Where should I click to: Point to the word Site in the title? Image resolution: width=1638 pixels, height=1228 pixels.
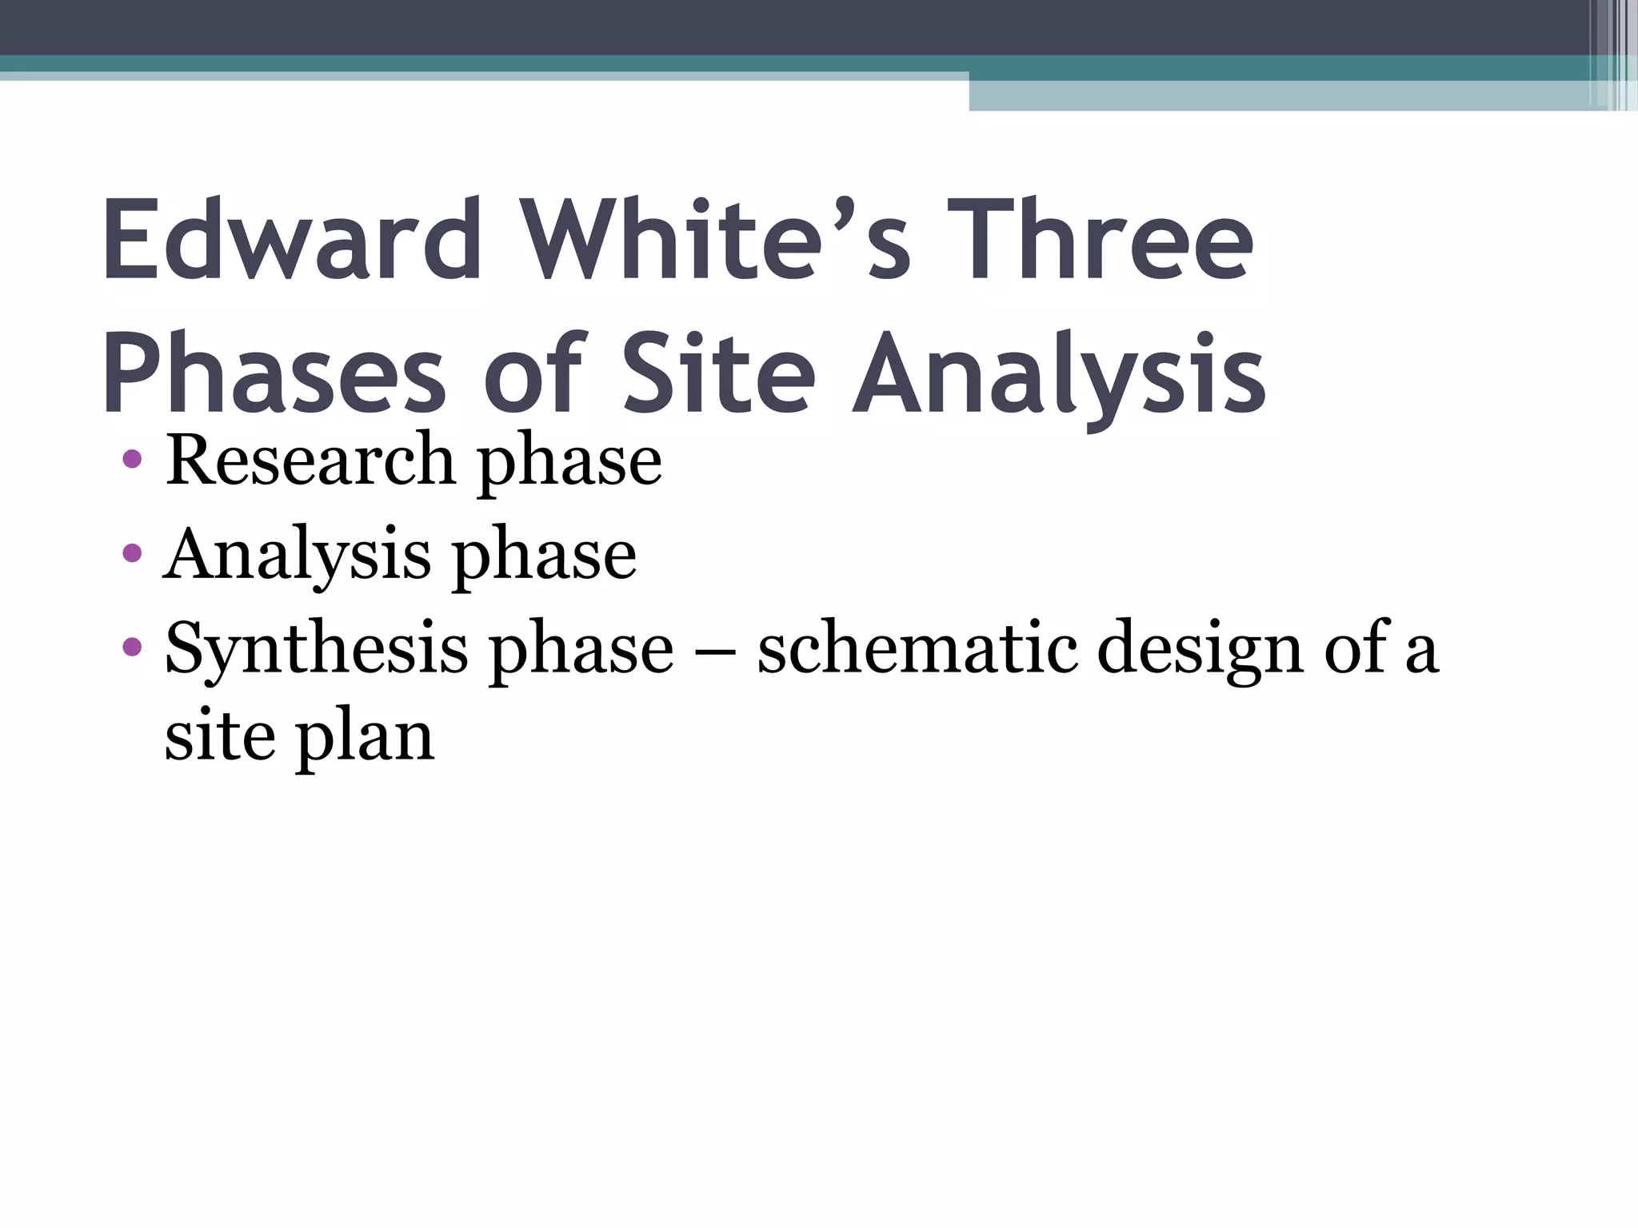pyautogui.click(x=718, y=374)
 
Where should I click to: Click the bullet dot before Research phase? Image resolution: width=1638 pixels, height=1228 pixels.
pyautogui.click(x=133, y=460)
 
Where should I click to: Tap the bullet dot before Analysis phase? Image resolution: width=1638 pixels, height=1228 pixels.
pyautogui.click(x=133, y=552)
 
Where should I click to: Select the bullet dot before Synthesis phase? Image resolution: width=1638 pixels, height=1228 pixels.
pyautogui.click(x=133, y=645)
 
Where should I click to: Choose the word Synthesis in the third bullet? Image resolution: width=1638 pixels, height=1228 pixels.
pyautogui.click(x=316, y=649)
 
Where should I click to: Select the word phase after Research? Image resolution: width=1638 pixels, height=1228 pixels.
pyautogui.click(x=569, y=464)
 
